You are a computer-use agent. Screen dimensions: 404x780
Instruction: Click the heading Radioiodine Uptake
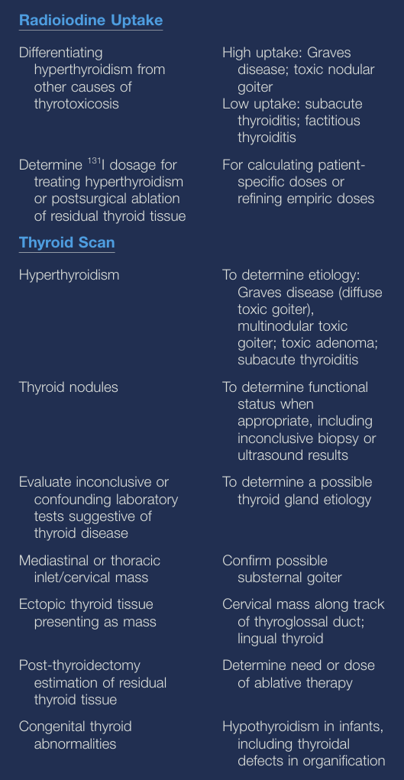90,21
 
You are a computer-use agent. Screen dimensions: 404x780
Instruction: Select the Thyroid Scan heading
66,243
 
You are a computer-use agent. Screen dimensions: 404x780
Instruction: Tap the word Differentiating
60,53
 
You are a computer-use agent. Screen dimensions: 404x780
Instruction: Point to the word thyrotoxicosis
76,103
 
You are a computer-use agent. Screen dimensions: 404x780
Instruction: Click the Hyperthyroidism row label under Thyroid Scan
69,275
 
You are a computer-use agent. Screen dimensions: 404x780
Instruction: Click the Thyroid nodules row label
68,387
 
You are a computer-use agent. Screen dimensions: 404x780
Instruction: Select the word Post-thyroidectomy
79,665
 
